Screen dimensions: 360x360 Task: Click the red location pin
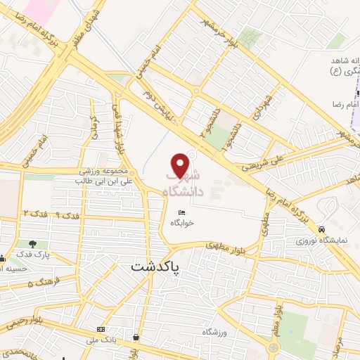click(x=181, y=166)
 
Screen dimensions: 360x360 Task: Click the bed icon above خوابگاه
click(x=181, y=212)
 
